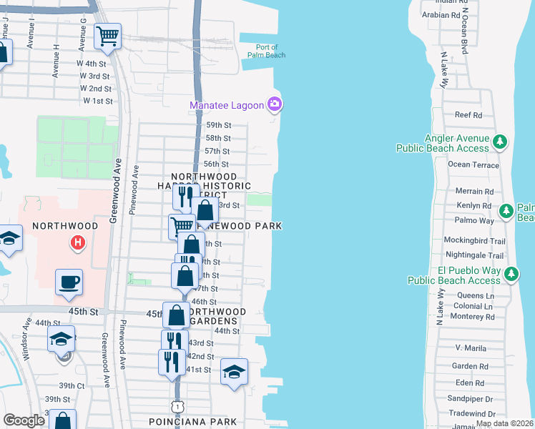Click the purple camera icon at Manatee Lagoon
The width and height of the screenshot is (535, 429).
pyautogui.click(x=274, y=106)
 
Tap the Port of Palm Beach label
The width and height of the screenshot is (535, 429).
pyautogui.click(x=266, y=50)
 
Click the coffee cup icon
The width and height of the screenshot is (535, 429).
pyautogui.click(x=69, y=281)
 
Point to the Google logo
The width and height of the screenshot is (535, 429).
pyautogui.click(x=23, y=420)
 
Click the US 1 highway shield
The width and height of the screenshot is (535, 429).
pyautogui.click(x=176, y=406)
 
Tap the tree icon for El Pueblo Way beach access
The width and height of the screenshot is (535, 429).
pyautogui.click(x=511, y=275)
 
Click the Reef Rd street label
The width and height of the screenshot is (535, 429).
pyautogui.click(x=468, y=114)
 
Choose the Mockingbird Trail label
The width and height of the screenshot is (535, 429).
pyautogui.click(x=473, y=240)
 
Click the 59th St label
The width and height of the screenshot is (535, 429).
pyautogui.click(x=217, y=124)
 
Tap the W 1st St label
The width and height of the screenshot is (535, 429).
pyautogui.click(x=98, y=101)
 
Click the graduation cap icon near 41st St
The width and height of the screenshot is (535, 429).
pyautogui.click(x=234, y=372)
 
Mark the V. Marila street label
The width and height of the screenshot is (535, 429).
pyautogui.click(x=470, y=348)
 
